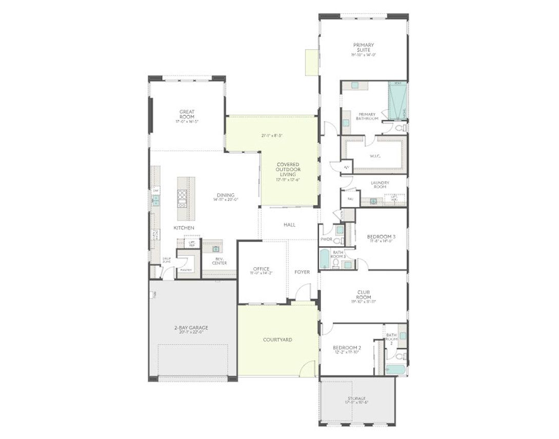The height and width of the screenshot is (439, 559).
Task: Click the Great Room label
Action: click(x=187, y=114)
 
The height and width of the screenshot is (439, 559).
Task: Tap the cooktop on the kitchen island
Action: click(x=182, y=198)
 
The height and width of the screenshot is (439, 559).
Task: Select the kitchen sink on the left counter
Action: click(x=155, y=200)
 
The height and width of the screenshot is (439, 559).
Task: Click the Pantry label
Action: click(x=186, y=270)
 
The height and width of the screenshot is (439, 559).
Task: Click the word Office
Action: click(x=261, y=269)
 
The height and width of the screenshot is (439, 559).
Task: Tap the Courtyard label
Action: click(x=277, y=340)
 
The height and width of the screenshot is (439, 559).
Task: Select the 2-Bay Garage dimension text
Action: click(x=192, y=332)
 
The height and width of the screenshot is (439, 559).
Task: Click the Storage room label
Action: click(x=356, y=398)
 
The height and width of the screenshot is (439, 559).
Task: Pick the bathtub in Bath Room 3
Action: click(x=325, y=259)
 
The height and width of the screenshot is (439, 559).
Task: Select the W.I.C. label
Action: click(x=375, y=156)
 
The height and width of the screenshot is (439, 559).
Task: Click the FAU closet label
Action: click(x=350, y=199)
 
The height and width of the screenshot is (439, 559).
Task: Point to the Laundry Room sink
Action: click(x=373, y=201)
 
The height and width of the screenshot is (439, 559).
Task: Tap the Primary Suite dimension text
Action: click(x=364, y=55)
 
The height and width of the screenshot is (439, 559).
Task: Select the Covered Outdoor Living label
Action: click(x=288, y=169)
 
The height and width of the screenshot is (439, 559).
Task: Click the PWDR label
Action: click(x=326, y=239)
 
